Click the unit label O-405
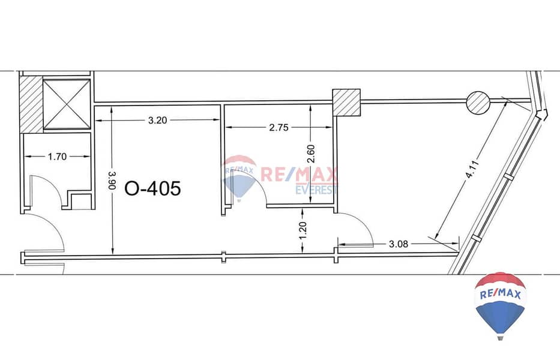152,188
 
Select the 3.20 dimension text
157,121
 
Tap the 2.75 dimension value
278,127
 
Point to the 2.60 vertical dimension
311,154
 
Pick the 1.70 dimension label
57,157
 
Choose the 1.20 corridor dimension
303,231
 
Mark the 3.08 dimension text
398,244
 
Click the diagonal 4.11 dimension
472,169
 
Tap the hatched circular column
478,103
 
